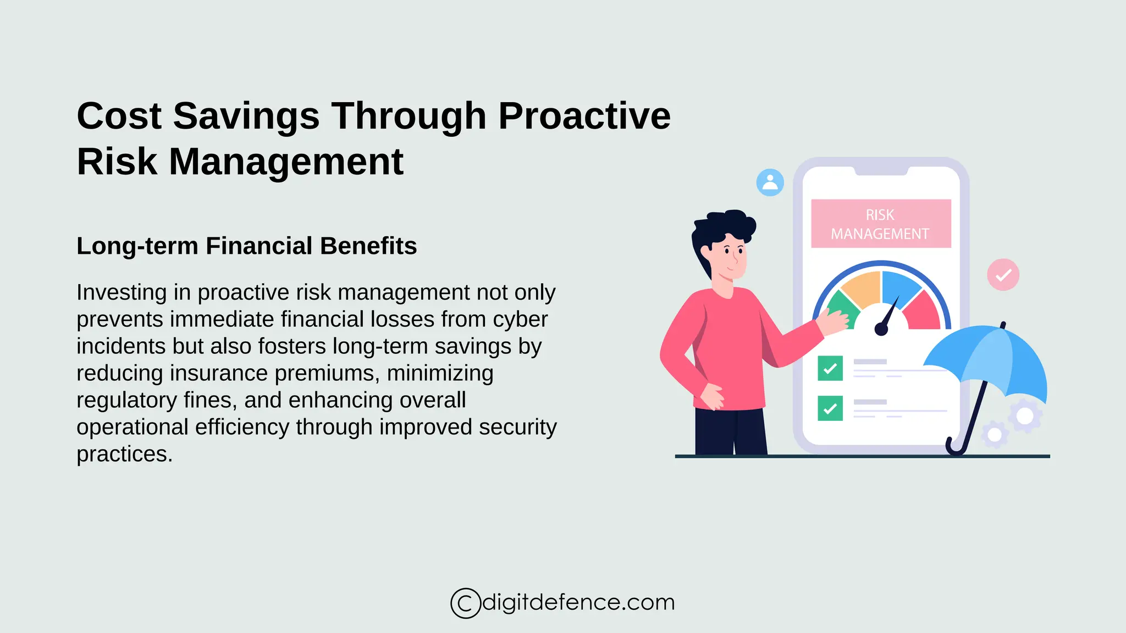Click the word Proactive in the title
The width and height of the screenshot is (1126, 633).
point(584,116)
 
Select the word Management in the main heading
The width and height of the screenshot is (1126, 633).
point(286,162)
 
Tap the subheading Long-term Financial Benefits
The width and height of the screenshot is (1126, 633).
point(246,246)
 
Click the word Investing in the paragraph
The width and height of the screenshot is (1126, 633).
point(121,292)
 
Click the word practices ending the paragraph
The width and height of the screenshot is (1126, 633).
point(124,454)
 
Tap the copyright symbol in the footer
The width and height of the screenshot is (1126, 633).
point(465,603)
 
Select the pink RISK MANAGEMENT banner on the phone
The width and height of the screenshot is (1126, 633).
point(881,224)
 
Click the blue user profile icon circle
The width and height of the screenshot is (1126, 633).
point(770,182)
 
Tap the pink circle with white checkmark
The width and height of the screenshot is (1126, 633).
point(1003,275)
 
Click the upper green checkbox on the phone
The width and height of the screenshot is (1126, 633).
point(830,368)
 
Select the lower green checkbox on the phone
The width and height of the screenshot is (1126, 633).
point(830,408)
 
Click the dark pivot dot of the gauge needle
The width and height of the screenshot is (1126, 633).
point(881,329)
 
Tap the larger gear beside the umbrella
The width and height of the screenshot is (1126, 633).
point(1024,416)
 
